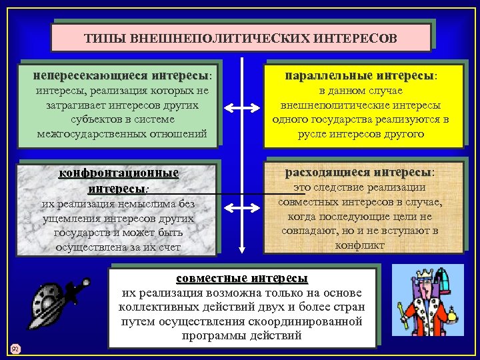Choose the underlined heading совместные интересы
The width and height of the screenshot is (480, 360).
tap(241, 278)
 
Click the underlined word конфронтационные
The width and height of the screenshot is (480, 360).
tap(119, 173)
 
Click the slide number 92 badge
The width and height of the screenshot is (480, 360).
tap(15, 347)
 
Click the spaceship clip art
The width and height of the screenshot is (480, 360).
tap(55, 304)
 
